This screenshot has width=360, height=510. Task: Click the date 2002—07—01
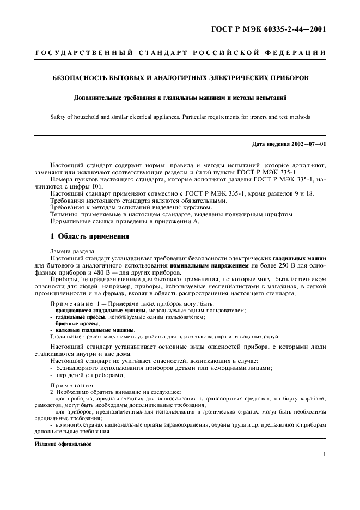click(x=307, y=144)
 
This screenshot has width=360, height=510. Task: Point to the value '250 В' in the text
click(x=289, y=265)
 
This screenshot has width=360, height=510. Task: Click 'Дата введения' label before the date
click(x=270, y=144)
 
